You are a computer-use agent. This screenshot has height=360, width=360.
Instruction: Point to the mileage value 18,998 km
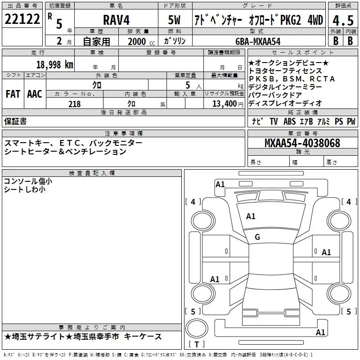[x=54, y=64]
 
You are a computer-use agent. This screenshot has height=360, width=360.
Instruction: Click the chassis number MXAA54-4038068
[x=302, y=144]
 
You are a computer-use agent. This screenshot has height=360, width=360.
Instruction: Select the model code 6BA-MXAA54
[x=258, y=41]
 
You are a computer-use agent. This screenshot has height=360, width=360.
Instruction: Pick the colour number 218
[x=75, y=104]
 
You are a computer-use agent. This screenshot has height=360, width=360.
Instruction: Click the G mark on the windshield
[x=257, y=237]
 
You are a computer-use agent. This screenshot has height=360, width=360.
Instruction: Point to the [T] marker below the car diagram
[x=197, y=345]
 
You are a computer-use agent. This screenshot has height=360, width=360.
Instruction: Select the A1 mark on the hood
[x=251, y=216]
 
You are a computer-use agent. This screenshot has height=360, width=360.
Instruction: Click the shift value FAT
[x=13, y=94]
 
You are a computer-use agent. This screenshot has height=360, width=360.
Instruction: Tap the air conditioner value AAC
[x=34, y=94]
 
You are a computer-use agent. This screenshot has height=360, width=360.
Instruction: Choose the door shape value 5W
[x=175, y=20]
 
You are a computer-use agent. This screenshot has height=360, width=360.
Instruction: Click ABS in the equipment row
[x=290, y=121]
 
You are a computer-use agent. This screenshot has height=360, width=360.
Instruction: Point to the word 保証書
[x=15, y=121]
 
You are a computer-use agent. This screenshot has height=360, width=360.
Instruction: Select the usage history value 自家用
[x=96, y=41]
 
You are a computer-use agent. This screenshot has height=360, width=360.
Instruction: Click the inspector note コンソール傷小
[x=27, y=181]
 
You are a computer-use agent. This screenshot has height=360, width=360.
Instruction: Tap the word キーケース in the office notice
[x=144, y=337]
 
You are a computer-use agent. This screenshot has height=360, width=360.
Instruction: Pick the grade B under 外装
[x=335, y=40]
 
